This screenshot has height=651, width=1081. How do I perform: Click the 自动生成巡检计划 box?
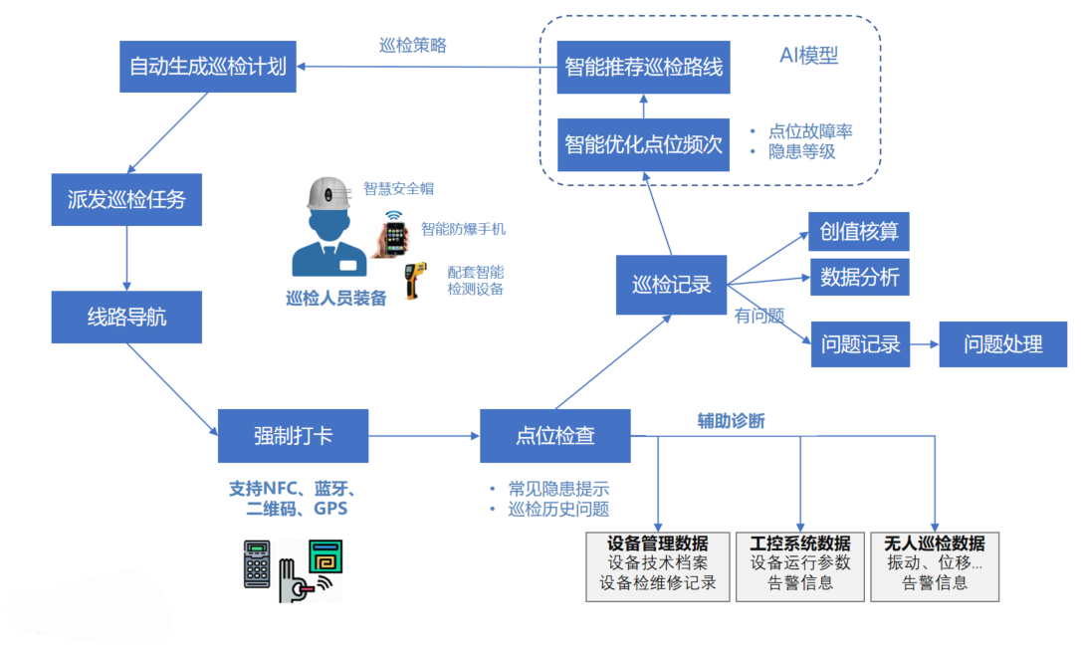[x=207, y=67]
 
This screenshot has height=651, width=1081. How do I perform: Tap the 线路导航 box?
[x=126, y=318]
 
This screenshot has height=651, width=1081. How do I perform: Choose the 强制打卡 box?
[x=293, y=435]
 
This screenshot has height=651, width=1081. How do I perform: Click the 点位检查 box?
[x=554, y=435]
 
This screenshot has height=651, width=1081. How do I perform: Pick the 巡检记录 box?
[x=672, y=285]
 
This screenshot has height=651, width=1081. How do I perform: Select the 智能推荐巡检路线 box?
[x=642, y=68]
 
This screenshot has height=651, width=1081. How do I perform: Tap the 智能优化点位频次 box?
[x=642, y=143]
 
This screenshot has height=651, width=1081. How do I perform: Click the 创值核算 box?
[x=859, y=232]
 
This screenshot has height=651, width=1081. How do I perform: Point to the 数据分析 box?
[x=859, y=278]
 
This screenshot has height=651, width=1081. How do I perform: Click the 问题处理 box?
[x=1002, y=344]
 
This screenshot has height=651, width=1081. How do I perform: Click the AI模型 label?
[x=808, y=56]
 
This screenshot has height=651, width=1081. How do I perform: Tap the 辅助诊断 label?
[x=731, y=421]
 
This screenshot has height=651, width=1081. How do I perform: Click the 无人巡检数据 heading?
[x=934, y=543]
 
